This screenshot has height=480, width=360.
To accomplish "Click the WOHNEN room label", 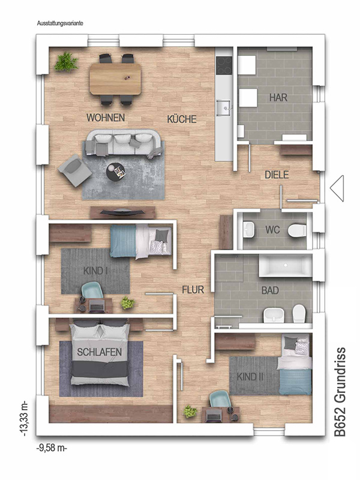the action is [106, 118].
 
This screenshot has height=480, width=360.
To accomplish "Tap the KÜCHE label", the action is [182, 119].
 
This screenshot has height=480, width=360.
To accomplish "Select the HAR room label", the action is [278, 98].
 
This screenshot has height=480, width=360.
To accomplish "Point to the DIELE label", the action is [277, 175].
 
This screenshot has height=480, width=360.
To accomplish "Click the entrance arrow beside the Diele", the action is [337, 188].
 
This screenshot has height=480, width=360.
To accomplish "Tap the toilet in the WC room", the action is [297, 230].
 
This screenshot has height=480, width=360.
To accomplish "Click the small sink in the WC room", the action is [249, 230].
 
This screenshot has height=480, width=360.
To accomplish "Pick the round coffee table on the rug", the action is [116, 172].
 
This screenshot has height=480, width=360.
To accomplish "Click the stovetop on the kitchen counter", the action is [224, 65].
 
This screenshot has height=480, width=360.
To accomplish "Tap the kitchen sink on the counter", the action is [224, 108].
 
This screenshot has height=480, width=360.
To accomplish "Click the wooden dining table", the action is [115, 79].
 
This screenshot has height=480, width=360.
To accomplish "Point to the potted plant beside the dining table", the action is [66, 62].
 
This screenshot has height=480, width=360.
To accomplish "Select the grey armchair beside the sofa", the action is [74, 170].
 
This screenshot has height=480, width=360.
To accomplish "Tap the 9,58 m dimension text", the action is [52, 448].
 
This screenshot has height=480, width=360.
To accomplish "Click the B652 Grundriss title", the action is [340, 392].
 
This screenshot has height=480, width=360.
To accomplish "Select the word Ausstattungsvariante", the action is [60, 23].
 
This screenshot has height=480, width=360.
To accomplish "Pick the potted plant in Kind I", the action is [127, 303].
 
